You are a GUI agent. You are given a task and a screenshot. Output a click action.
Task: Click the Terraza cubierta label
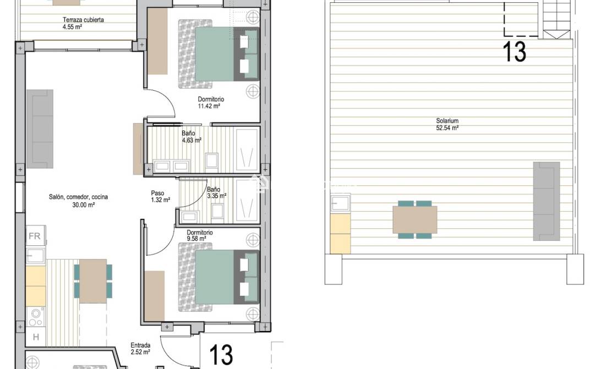pyautogui.click(x=83, y=20)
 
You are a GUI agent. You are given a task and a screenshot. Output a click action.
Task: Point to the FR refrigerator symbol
pyautogui.click(x=35, y=237)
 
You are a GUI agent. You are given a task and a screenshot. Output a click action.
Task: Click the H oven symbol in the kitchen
pyautogui.click(x=35, y=337)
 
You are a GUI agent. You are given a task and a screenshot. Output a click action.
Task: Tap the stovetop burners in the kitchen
pyautogui.click(x=36, y=316)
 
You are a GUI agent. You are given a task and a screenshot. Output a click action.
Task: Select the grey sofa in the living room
pyautogui.click(x=41, y=129)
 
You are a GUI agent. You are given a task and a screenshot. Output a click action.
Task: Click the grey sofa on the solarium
pyautogui.click(x=546, y=201)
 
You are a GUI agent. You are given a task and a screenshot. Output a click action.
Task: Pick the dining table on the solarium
pyautogui.click(x=416, y=220)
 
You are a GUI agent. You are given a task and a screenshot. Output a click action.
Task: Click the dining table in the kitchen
pyautogui.click(x=93, y=280)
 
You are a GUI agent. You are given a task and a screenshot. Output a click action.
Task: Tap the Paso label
pyautogui.click(x=158, y=193)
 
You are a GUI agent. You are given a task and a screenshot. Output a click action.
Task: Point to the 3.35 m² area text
pyautogui.click(x=217, y=196)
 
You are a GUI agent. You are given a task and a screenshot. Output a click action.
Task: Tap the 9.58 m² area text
pyautogui.click(x=196, y=239)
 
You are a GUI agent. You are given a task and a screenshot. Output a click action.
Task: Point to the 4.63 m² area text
pyautogui.click(x=192, y=140)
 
